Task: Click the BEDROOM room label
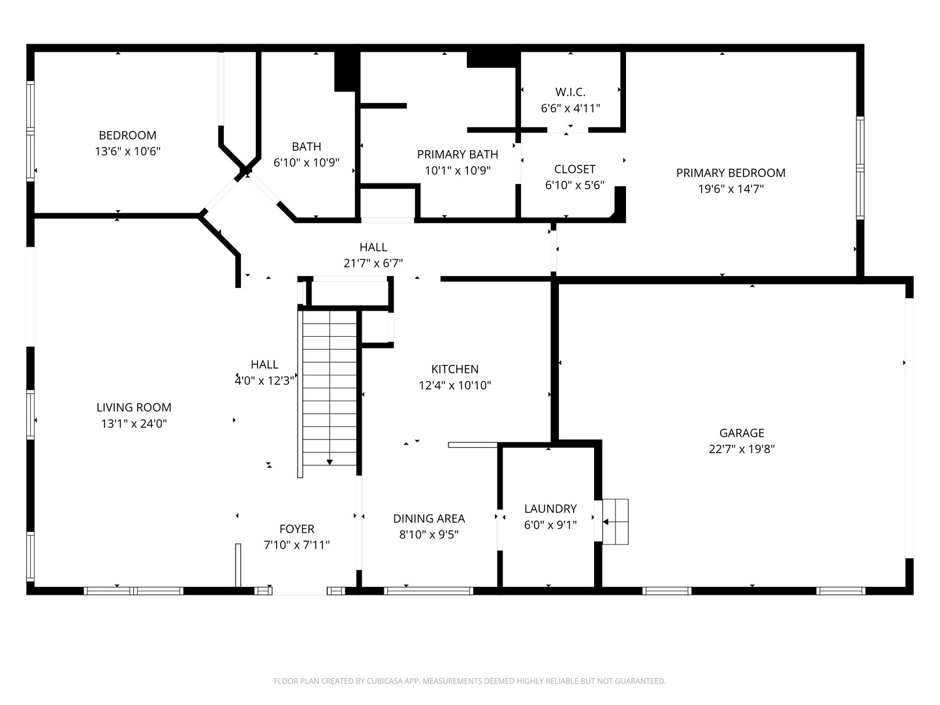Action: pyautogui.click(x=127, y=135)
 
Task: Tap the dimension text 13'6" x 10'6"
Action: pyautogui.click(x=127, y=151)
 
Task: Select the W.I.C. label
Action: pyautogui.click(x=571, y=92)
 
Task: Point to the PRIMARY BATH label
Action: pyautogui.click(x=458, y=154)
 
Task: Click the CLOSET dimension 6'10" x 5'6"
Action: pyautogui.click(x=574, y=185)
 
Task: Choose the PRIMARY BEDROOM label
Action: pyautogui.click(x=730, y=173)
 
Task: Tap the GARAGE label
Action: pyautogui.click(x=742, y=433)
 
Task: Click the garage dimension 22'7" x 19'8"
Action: pyautogui.click(x=742, y=449)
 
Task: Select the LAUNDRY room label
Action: pyautogui.click(x=550, y=509)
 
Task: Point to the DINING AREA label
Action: pyautogui.click(x=429, y=519)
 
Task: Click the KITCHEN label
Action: pyautogui.click(x=455, y=369)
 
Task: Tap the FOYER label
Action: pyautogui.click(x=297, y=529)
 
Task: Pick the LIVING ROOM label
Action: pyautogui.click(x=134, y=407)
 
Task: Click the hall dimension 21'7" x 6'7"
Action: pyautogui.click(x=373, y=263)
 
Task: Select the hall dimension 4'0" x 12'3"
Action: pyautogui.click(x=264, y=381)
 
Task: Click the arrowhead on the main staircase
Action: pyautogui.click(x=329, y=462)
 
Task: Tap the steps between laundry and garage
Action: pyautogui.click(x=616, y=522)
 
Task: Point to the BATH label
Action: pyautogui.click(x=307, y=147)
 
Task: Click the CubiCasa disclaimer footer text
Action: pyautogui.click(x=470, y=681)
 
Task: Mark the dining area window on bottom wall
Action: pyautogui.click(x=428, y=591)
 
